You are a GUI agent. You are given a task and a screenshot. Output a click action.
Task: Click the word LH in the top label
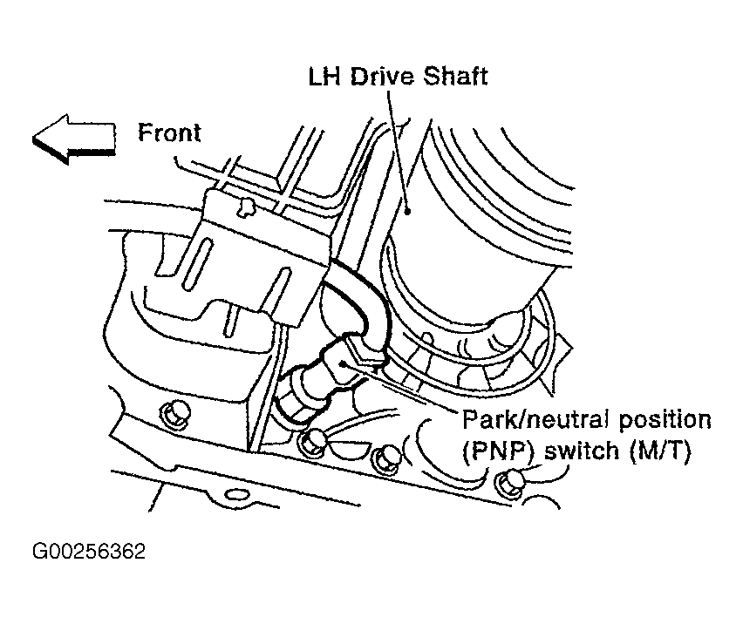pyautogui.click(x=324, y=77)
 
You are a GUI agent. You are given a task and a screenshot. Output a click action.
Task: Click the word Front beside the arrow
pyautogui.click(x=169, y=132)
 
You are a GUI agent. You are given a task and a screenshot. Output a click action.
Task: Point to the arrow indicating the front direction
pyautogui.click(x=74, y=139)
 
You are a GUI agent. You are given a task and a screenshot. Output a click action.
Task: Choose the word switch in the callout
pyautogui.click(x=582, y=451)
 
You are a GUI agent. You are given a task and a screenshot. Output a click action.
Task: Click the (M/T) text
pyautogui.click(x=660, y=451)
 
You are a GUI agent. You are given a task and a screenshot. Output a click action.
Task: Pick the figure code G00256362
pyautogui.click(x=89, y=552)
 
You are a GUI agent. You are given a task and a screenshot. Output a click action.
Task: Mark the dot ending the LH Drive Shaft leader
pyautogui.click(x=407, y=211)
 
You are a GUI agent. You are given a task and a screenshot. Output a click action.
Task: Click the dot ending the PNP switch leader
pyautogui.click(x=343, y=363)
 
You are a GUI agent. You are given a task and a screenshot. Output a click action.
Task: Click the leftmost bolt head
pyautogui.click(x=176, y=415)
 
